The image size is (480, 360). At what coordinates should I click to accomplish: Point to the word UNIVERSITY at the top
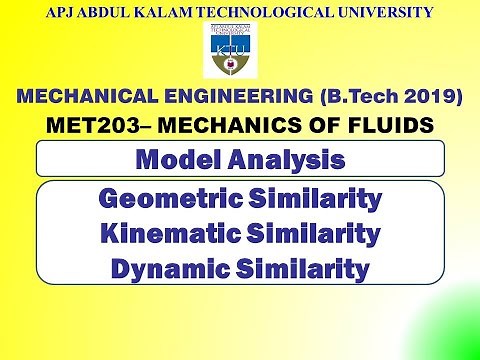coord(379,13)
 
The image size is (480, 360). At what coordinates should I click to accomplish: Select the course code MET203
coord(87,126)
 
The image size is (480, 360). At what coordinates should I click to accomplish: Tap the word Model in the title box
coord(177,159)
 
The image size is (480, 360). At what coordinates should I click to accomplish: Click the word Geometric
coord(164,200)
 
